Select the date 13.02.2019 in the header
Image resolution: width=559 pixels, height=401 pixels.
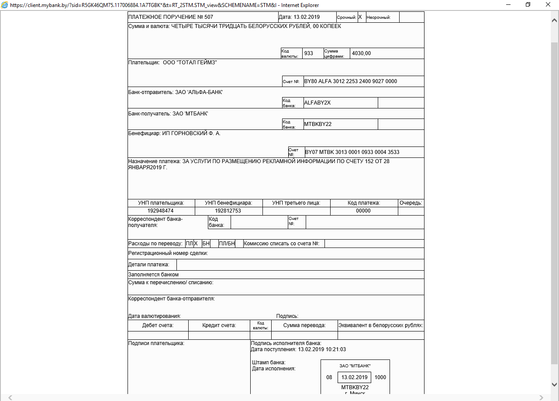click(x=307, y=17)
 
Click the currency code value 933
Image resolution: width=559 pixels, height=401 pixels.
click(x=309, y=53)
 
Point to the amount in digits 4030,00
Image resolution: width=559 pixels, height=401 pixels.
click(x=361, y=53)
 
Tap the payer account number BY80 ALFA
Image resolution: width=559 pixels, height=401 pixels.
click(x=350, y=81)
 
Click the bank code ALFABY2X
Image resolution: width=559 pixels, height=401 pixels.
click(x=317, y=103)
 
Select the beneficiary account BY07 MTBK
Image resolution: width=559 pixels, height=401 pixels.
click(x=352, y=152)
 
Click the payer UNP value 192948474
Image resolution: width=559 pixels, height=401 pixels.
click(x=161, y=211)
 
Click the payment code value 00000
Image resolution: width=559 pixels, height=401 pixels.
click(x=363, y=211)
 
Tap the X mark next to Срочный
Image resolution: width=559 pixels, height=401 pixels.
click(x=360, y=17)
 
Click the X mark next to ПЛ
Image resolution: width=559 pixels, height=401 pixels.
click(x=196, y=244)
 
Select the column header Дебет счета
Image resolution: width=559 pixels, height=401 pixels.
click(x=158, y=325)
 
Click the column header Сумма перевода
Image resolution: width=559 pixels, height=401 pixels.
click(x=304, y=325)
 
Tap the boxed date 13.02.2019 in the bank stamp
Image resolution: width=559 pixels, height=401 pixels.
click(x=354, y=377)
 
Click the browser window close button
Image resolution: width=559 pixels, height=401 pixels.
click(x=548, y=5)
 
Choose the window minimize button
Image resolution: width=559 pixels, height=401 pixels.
click(x=508, y=5)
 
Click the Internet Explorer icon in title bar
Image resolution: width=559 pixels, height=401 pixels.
click(x=4, y=5)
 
